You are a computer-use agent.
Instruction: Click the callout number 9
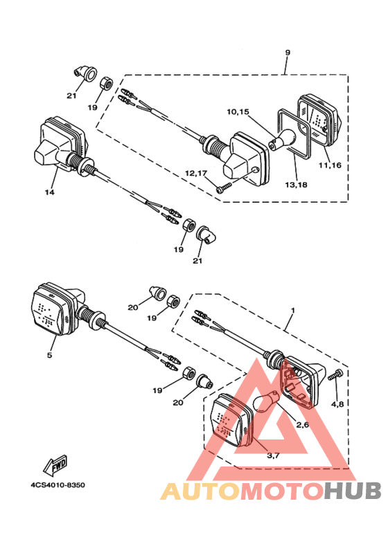pyautogui.click(x=288, y=53)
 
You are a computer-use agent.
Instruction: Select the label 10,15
pyautogui.click(x=238, y=112)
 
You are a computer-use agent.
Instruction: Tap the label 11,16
pyautogui.click(x=330, y=165)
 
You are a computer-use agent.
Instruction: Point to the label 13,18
pyautogui.click(x=296, y=185)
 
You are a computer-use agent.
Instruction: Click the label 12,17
pyautogui.click(x=196, y=173)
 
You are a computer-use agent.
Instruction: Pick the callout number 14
pyautogui.click(x=49, y=192)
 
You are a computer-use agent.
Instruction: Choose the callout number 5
pyautogui.click(x=49, y=355)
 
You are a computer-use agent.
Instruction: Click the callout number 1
pyautogui.click(x=292, y=311)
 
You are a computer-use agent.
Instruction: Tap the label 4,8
pyautogui.click(x=337, y=404)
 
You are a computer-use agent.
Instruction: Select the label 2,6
pyautogui.click(x=302, y=425)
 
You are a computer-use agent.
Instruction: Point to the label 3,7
pyautogui.click(x=273, y=455)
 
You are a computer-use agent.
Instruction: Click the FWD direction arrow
pyautogui.click(x=55, y=465)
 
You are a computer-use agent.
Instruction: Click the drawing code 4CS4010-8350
pyautogui.click(x=58, y=485)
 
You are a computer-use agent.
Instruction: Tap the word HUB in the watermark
pyautogui.click(x=353, y=491)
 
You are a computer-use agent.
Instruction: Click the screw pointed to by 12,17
pyautogui.click(x=224, y=188)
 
